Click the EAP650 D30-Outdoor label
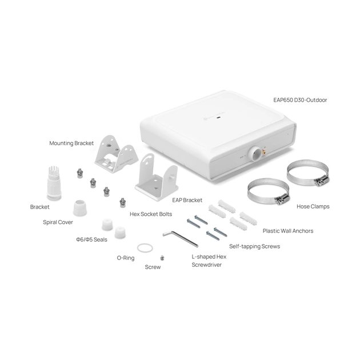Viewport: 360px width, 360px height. click(300, 99)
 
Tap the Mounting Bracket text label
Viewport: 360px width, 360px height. click(71, 143)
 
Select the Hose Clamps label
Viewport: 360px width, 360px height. click(313, 206)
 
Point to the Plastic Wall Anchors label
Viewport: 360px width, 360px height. click(287, 231)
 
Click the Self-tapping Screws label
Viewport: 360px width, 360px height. click(254, 246)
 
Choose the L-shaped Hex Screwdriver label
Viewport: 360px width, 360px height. click(209, 261)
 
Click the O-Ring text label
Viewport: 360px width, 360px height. click(126, 258)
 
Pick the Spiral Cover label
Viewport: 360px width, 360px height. click(58, 222)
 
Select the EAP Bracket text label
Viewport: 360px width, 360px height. click(187, 201)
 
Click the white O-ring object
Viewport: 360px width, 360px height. click(146, 247)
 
